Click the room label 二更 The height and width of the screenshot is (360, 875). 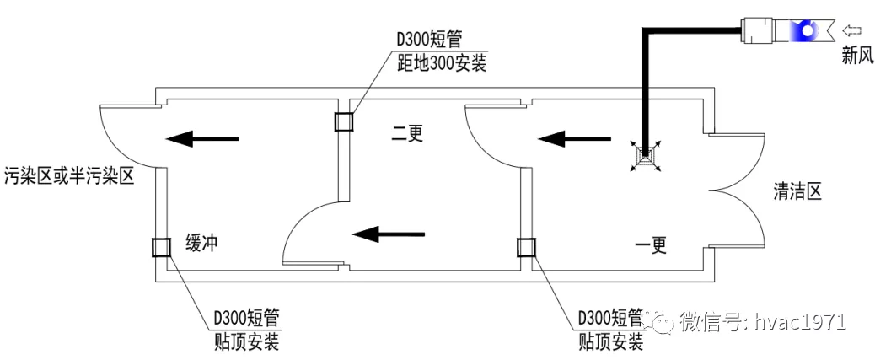405,132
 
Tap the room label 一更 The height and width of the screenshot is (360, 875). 650,245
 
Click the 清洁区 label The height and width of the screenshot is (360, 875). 797,192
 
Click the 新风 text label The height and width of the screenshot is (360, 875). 856,57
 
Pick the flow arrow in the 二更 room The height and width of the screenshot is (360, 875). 388,234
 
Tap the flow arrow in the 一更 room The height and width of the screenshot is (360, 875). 576,137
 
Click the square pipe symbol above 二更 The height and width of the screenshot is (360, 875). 345,123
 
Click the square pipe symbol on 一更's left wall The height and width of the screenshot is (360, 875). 525,247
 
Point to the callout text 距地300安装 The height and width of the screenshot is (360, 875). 442,64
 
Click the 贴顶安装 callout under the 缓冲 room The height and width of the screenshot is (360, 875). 246,341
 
